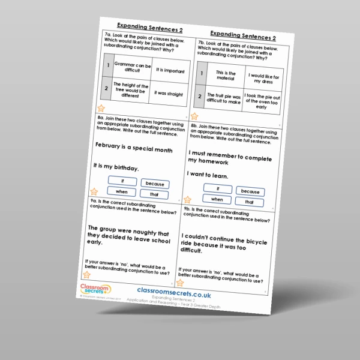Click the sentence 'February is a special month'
[x=133, y=148]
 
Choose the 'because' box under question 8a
[x=154, y=184]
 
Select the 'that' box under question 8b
[x=249, y=202]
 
